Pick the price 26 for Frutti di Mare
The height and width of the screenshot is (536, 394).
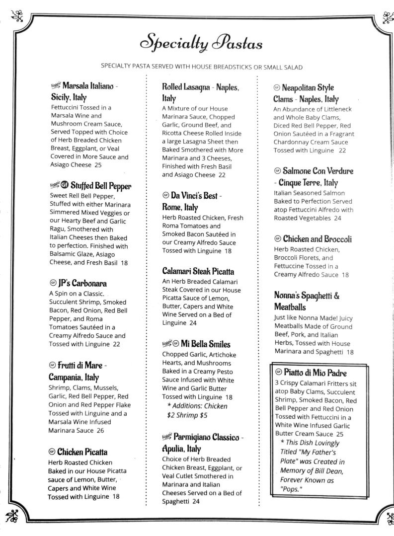pyautogui.click(x=100, y=431)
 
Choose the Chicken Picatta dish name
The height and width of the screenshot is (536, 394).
pyautogui.click(x=82, y=452)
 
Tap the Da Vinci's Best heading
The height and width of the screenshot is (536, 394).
pyautogui.click(x=194, y=196)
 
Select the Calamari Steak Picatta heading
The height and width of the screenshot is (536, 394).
pyautogui.click(x=198, y=272)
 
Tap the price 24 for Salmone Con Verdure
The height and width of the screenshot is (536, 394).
pyautogui.click(x=337, y=218)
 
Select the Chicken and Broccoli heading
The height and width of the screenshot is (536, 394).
pyautogui.click(x=317, y=239)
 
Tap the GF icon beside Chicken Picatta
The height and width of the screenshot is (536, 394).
pyautogui.click(x=52, y=452)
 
